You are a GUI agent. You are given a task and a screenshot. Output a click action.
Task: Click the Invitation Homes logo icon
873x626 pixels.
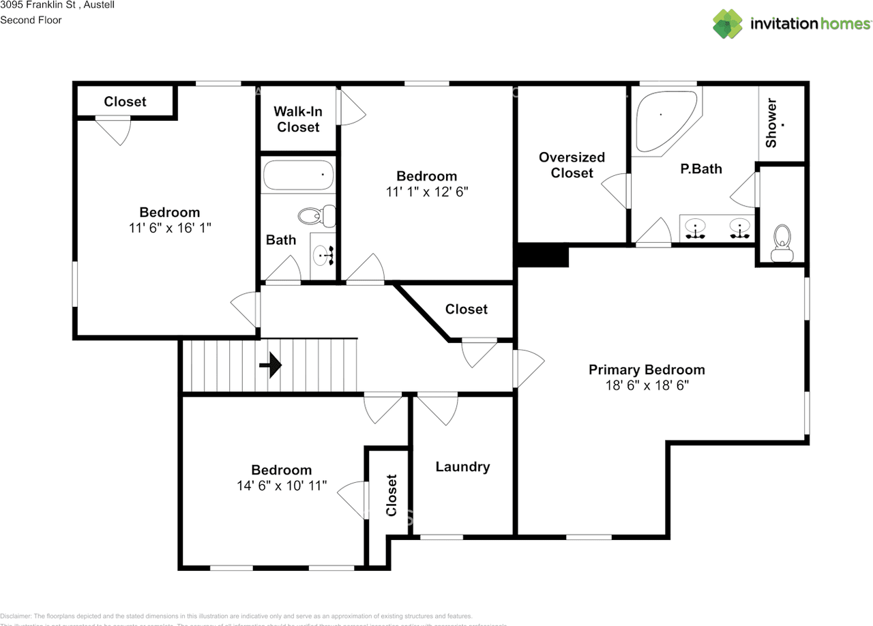pos(728,24)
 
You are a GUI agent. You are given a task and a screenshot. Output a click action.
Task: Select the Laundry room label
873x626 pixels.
pos(462,467)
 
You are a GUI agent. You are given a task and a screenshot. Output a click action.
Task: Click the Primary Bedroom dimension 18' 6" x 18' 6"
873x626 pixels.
pos(647,385)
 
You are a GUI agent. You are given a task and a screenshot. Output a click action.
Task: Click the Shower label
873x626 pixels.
pos(771,123)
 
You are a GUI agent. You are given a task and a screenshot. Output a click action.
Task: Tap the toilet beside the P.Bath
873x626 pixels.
pos(782,244)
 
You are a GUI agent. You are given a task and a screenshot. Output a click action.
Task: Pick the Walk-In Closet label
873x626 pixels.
pos(298,119)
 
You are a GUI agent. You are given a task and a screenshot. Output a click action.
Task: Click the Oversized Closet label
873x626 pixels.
pos(572,165)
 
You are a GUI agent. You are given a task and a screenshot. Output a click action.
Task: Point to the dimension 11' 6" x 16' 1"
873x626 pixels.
pos(170,228)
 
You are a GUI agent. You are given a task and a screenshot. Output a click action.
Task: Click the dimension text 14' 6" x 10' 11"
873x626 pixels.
pos(281,486)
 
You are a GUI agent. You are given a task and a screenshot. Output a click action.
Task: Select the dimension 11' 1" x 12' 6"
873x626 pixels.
pos(427,192)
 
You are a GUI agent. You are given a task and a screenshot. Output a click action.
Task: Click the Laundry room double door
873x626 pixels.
pos(437,407)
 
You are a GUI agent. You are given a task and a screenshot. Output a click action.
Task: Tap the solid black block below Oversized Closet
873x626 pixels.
pos(543,256)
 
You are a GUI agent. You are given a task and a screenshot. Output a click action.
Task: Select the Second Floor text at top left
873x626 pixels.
pos(31,20)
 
